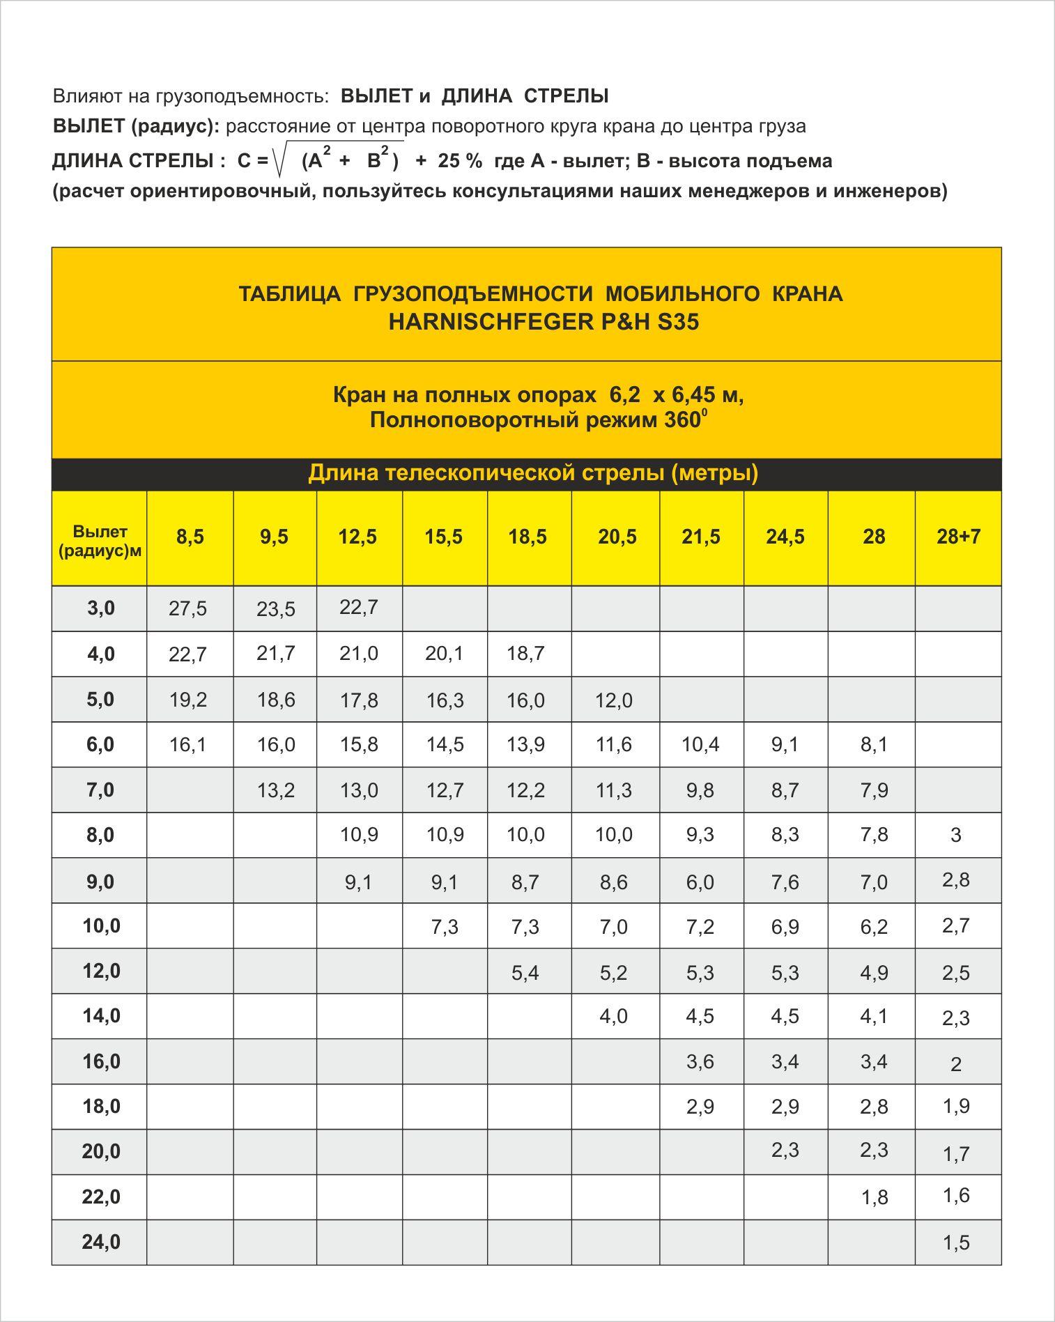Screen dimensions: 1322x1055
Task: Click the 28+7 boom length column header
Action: tap(958, 537)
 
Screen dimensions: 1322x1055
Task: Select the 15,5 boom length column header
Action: tap(444, 537)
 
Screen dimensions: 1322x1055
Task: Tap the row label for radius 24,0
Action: tap(101, 1242)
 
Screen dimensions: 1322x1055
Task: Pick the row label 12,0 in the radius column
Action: tap(101, 971)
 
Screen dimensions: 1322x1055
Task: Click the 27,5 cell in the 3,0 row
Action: tap(188, 608)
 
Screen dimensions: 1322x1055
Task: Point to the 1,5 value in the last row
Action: tap(956, 1243)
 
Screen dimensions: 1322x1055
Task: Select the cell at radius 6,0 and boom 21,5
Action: tap(700, 744)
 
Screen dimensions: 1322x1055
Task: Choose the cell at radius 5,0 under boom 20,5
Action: tap(614, 700)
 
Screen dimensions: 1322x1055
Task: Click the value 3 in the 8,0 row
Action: tap(956, 835)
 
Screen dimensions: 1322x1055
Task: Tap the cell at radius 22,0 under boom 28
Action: tap(875, 1197)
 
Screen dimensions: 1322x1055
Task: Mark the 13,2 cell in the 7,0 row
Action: tap(276, 790)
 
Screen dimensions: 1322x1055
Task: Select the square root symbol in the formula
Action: tap(282, 160)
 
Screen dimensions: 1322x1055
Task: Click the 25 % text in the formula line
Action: tap(460, 161)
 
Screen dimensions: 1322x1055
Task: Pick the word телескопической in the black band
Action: tap(483, 473)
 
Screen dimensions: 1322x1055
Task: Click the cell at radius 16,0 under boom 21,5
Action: tap(700, 1061)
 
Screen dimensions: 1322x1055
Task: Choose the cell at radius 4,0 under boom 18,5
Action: tap(526, 654)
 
